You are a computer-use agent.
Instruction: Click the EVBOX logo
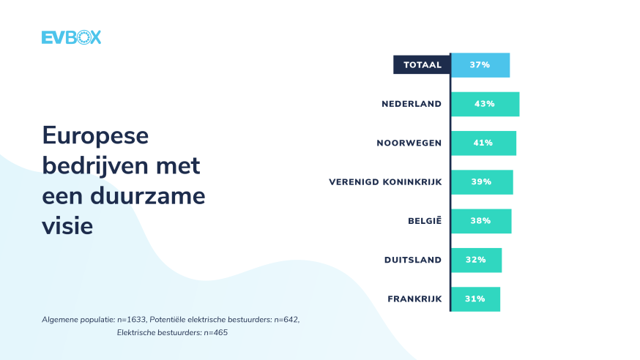(71, 37)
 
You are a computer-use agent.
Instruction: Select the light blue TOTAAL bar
(480, 64)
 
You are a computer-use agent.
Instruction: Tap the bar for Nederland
(485, 104)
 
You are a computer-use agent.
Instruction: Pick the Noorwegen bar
(483, 143)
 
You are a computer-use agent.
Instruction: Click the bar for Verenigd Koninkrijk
(482, 181)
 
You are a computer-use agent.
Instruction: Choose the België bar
(481, 220)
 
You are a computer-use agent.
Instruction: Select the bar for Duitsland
(476, 260)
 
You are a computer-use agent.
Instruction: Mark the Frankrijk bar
(475, 299)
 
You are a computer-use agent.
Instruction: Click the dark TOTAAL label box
(422, 64)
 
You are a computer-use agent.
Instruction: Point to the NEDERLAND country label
(412, 104)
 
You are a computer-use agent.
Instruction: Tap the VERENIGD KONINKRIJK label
(385, 181)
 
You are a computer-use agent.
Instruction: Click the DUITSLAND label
(413, 260)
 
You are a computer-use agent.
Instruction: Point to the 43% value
(484, 104)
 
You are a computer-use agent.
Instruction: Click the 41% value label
(483, 143)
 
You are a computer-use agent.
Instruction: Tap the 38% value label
(480, 220)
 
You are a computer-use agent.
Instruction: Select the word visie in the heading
(68, 226)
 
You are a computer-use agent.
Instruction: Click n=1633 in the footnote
(132, 320)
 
